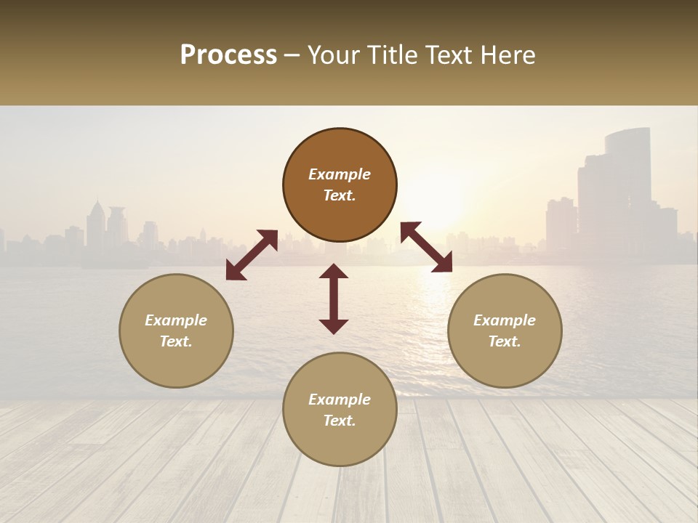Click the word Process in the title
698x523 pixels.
pos(228,55)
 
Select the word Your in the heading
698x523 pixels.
pos(333,55)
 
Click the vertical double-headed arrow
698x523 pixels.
pos(334,299)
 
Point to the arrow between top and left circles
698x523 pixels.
pos(252,255)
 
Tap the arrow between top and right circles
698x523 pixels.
pos(426,247)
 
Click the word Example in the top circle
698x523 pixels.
pos(340,174)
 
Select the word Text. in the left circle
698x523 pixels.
pos(176,341)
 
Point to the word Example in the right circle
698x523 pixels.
pos(505,320)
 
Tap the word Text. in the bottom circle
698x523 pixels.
pos(340,421)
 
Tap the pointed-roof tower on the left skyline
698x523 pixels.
pos(95,222)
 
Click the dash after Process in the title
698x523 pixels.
pos(292,56)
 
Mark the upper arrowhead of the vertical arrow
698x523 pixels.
pos(334,272)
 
